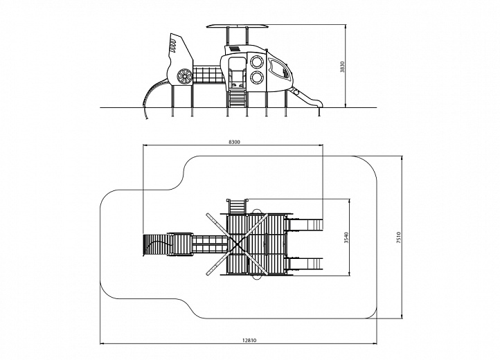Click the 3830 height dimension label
point(342,66)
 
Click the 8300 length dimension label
point(234,142)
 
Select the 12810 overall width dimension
point(249,340)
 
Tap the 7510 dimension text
point(399,237)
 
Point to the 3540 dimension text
point(346,237)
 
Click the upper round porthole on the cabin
point(256,62)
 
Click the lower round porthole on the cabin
point(256,78)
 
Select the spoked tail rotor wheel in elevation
point(185,77)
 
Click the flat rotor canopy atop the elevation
point(238,26)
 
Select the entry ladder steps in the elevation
point(237,98)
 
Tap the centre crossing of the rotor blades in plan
point(238,244)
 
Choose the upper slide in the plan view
point(305,224)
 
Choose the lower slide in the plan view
point(305,263)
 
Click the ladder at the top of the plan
point(238,206)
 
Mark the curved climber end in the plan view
point(156,245)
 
